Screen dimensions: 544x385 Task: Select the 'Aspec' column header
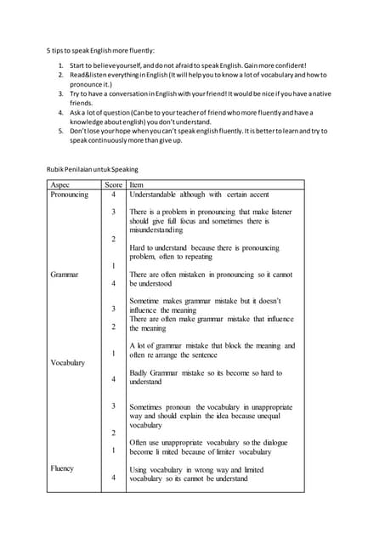pos(60,184)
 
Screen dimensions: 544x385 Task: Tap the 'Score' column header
pos(113,184)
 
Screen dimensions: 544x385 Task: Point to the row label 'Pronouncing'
pos(69,194)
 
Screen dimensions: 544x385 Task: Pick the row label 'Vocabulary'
pos(67,363)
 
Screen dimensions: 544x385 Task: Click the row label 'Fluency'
pos(62,468)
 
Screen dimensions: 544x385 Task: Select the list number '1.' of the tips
pos(61,65)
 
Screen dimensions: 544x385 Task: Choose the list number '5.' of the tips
pos(61,131)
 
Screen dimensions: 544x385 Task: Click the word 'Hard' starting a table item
pos(138,246)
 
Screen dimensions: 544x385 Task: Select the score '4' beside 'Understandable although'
pos(113,194)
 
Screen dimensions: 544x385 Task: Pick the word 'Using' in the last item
pos(139,469)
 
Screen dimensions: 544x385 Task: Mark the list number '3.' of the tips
pos(61,93)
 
